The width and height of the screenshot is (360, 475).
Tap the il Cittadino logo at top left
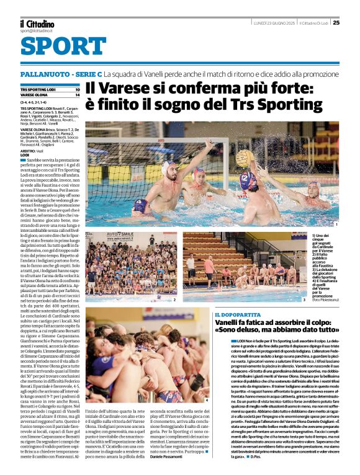pyautogui.click(x=37, y=23)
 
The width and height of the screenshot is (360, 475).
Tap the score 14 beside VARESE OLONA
pyautogui.click(x=77, y=95)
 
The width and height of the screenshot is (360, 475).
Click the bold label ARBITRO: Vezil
pyautogui.click(x=29, y=151)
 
